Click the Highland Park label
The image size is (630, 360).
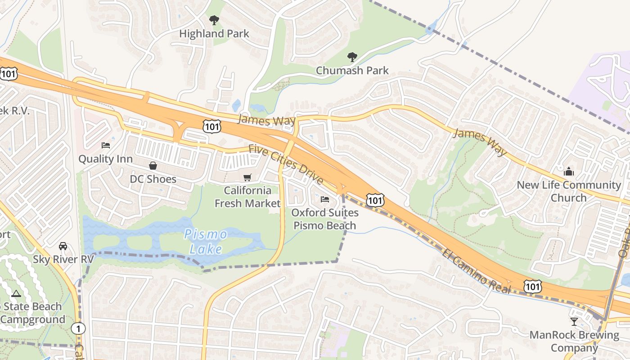point(214,33)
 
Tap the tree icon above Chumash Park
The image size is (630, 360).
point(352,57)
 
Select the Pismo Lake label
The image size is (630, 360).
point(206,242)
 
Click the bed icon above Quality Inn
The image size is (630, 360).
point(106,145)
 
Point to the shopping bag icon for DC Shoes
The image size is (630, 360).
point(153,166)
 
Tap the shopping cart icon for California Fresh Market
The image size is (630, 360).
point(247,177)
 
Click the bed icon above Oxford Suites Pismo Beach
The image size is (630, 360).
point(324,199)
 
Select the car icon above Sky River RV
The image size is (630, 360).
point(63,246)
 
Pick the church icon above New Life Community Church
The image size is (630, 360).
point(569,171)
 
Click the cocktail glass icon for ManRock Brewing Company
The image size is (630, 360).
point(574,321)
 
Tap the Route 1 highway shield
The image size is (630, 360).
point(78,328)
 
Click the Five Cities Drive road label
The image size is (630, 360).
point(286,164)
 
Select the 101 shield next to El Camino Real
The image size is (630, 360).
point(532,286)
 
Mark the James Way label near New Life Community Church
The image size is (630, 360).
point(480,142)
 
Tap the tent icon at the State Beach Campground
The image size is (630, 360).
point(17,294)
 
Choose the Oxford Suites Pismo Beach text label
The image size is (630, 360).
point(325,219)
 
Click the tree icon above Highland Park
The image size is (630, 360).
point(214,20)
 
